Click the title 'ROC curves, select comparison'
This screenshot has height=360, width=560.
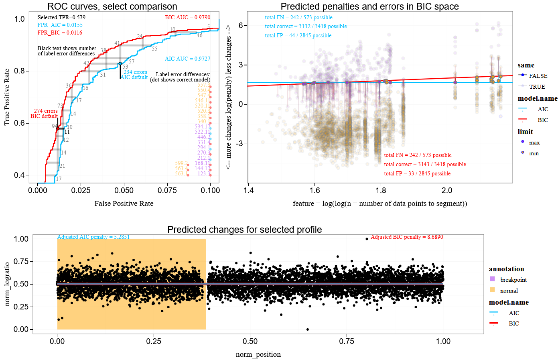coord(112,6)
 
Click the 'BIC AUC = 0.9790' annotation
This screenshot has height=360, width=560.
coord(187,17)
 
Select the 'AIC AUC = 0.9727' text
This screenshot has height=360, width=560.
coord(187,59)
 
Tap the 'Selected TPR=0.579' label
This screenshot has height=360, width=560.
coord(61,17)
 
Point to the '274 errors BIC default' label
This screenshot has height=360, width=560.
coord(45,114)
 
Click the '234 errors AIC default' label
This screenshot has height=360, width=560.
coord(134,75)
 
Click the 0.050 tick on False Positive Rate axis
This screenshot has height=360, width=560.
coord(124,190)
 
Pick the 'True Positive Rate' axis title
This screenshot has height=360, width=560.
coord(7,97)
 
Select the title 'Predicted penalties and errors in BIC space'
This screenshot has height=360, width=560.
coord(369,6)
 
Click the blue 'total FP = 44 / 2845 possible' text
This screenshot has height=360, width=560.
coord(298,35)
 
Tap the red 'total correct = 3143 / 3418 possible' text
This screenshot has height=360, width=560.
coord(425,164)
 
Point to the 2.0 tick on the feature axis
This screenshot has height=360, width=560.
coord(447,190)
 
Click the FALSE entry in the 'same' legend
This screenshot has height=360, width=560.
coord(538,76)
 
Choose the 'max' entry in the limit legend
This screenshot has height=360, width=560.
coord(534,142)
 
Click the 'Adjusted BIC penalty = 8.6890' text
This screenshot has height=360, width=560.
coord(407,237)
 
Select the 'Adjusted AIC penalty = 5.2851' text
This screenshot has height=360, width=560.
coord(93,237)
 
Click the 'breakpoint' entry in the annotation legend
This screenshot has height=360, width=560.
coord(513,280)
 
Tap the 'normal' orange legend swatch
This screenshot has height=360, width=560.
coord(493,290)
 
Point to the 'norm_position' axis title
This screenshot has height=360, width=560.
coord(258,354)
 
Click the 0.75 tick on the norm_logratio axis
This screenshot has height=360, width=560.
coord(21,261)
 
